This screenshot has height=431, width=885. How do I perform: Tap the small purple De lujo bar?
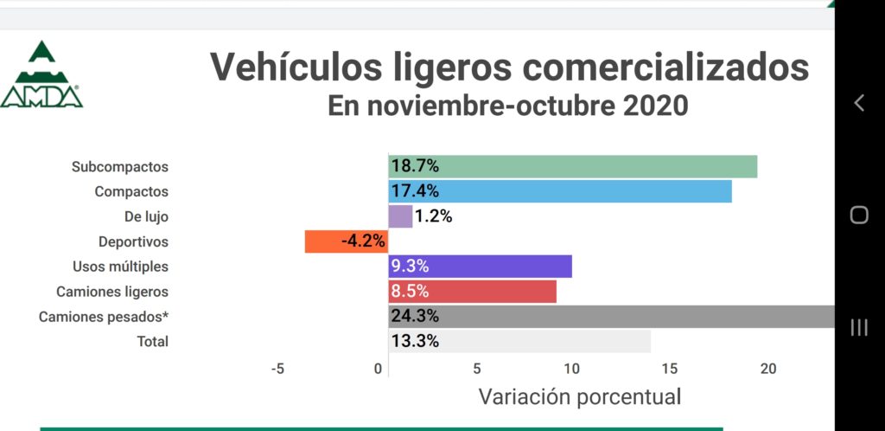coord(400,216)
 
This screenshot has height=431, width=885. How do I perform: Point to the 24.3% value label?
coord(415,317)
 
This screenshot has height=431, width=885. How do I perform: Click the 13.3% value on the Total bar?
coord(415,341)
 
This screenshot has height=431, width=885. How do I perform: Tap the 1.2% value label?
coord(434,216)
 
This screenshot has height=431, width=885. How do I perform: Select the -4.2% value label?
coord(363,241)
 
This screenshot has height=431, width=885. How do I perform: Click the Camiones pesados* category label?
coord(104,317)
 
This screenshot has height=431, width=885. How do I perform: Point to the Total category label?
coord(153,341)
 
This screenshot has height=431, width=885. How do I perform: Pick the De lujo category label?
coord(146,216)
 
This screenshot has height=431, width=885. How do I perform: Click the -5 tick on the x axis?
coord(277,369)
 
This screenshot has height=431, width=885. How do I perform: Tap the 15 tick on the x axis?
coord(670,369)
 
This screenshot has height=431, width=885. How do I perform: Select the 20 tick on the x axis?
coord(767,369)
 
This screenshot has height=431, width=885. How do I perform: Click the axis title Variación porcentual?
coord(579,397)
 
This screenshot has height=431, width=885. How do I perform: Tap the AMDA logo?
coord(41,76)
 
